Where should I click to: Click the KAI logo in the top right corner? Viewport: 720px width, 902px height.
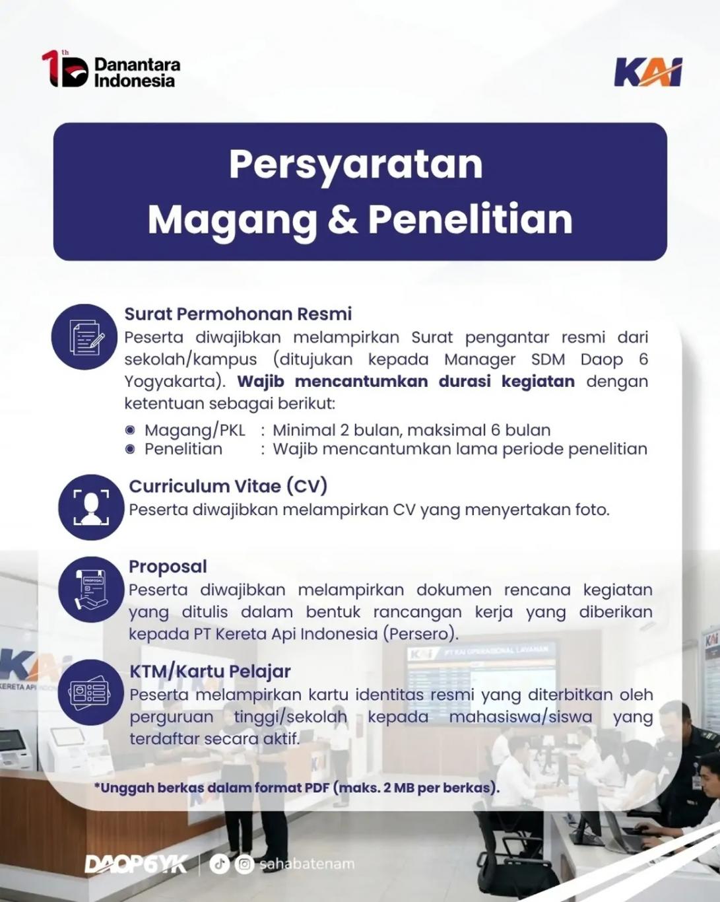[648, 72]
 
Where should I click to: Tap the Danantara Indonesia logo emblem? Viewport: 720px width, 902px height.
[65, 69]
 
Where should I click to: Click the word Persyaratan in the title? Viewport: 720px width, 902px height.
[356, 164]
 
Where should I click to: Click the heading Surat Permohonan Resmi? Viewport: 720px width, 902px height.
[238, 314]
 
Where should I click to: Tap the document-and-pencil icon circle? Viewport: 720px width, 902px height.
[84, 337]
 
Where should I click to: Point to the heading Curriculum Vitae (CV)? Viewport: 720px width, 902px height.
[228, 486]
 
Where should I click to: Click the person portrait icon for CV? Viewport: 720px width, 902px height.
[91, 507]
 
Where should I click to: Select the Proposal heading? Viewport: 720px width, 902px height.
[168, 567]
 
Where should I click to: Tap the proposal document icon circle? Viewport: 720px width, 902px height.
[91, 589]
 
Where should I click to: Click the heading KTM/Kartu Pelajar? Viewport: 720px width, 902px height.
[211, 672]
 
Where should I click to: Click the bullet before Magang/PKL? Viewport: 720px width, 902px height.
[130, 430]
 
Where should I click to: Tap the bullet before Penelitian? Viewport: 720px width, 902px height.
[130, 449]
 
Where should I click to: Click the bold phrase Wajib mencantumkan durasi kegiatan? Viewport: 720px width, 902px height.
[406, 382]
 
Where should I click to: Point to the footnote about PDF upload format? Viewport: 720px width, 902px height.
[297, 788]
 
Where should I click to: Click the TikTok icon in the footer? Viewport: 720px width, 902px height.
[219, 864]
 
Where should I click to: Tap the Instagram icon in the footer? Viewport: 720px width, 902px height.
[245, 864]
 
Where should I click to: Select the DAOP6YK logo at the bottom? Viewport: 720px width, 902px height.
[136, 864]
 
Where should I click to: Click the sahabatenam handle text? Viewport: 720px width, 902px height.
[307, 864]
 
